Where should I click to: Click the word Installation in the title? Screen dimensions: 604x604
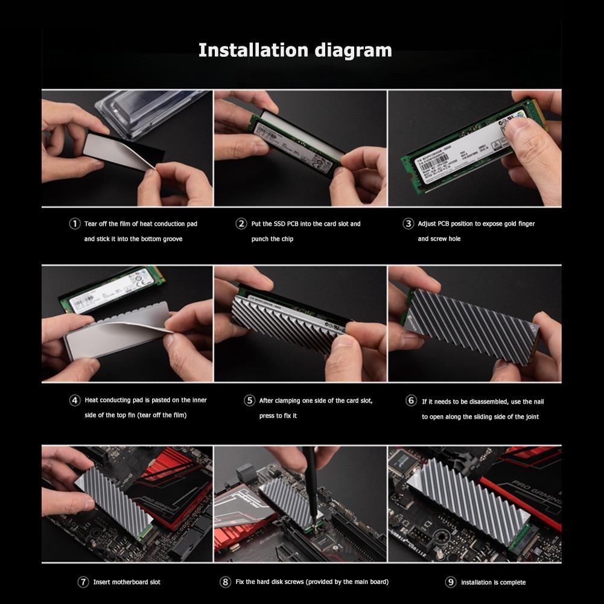[254, 49]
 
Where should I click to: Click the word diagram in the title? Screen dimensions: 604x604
[353, 49]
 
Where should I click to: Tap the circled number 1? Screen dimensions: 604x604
[75, 224]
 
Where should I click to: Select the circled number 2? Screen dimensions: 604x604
[241, 224]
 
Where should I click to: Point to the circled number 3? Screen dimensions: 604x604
[408, 224]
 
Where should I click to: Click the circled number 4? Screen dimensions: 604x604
[75, 400]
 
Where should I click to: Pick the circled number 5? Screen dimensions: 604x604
[249, 400]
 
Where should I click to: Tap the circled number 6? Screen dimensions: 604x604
[412, 400]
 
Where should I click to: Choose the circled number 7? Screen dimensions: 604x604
[83, 582]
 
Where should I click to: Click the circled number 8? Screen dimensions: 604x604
[225, 582]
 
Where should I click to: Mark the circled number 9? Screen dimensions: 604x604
[451, 582]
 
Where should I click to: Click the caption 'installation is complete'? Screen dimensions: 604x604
[493, 582]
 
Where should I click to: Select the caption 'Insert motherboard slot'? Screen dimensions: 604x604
[127, 582]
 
